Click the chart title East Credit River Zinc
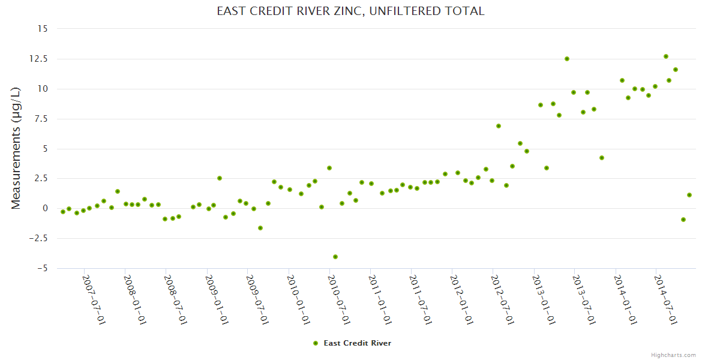click(350, 11)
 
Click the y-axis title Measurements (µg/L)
click(16, 148)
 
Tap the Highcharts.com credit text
click(673, 355)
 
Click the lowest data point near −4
click(335, 257)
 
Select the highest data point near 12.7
click(666, 56)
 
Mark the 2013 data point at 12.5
click(567, 59)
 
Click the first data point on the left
click(63, 212)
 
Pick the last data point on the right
click(689, 195)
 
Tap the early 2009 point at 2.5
click(220, 178)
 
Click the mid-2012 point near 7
click(499, 126)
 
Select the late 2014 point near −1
click(683, 220)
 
